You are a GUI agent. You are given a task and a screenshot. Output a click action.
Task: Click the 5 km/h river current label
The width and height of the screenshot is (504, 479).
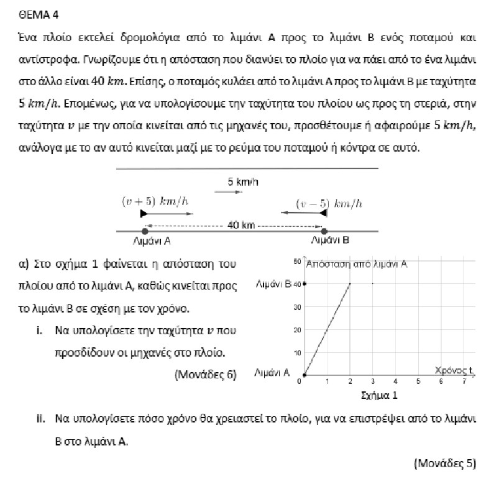coord(243,182)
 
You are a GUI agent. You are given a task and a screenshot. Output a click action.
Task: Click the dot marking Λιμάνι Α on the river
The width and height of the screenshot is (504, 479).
coord(145,231)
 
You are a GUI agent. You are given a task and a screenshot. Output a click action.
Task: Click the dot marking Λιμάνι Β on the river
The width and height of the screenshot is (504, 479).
coord(324,231)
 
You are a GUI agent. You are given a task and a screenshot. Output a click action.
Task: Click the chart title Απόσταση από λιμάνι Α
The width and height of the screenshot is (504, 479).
coord(357,263)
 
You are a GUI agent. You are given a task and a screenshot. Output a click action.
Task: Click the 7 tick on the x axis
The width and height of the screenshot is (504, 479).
coord(464,381)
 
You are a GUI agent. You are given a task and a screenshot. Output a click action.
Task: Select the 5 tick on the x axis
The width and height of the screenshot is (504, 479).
coord(418,381)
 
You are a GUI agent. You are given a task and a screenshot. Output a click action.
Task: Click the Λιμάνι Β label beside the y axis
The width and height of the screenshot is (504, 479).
coord(273,285)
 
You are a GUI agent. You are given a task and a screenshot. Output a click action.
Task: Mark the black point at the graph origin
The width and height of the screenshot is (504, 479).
coord(304,375)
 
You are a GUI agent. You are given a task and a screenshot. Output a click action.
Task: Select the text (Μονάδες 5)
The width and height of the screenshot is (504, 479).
coord(444,462)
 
